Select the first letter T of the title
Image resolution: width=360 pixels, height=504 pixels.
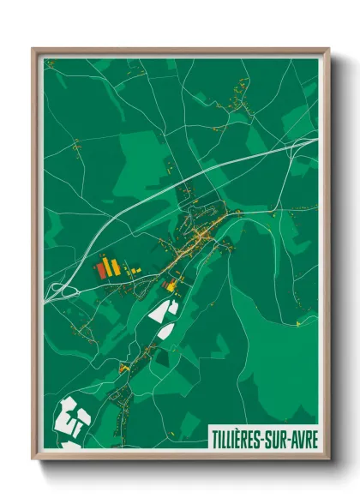point(213,438)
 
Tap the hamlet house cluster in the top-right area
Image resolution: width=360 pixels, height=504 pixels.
point(241,94)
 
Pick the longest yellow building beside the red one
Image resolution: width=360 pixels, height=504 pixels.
point(108,264)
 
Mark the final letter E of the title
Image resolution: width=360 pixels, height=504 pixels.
point(314,438)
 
